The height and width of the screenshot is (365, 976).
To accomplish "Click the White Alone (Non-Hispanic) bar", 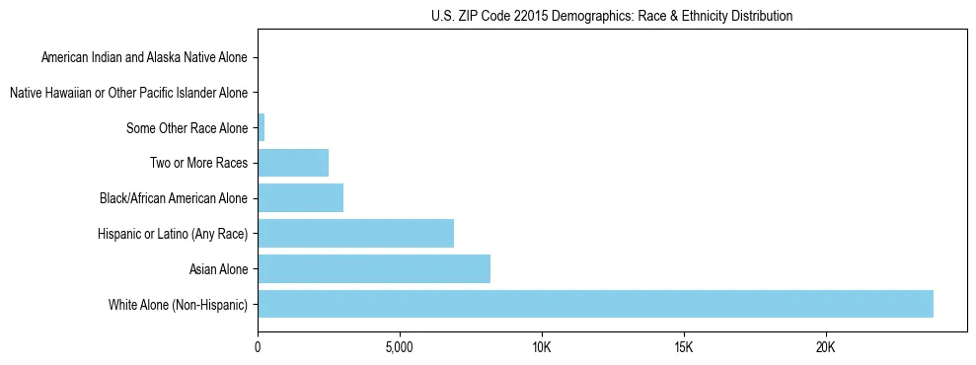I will tap(595, 304).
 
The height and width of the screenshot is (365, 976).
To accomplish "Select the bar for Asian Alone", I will tap(374, 268).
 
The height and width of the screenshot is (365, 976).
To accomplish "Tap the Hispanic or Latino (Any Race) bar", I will tap(355, 234).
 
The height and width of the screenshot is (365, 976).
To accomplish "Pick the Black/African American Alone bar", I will tap(300, 198).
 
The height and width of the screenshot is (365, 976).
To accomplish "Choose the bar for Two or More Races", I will tap(293, 163).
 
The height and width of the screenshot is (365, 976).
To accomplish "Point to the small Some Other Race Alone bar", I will tap(262, 128).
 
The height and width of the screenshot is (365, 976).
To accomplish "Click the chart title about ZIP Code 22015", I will tap(612, 16).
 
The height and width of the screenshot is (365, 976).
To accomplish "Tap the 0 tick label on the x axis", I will tap(258, 347).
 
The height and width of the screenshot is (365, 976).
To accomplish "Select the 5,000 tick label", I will tap(400, 347).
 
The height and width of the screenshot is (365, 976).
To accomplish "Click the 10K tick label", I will tap(542, 347).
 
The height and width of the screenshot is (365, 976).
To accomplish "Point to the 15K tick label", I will tap(684, 347).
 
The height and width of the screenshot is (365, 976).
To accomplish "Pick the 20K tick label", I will tap(826, 347).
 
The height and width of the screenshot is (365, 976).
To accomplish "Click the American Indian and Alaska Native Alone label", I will tap(144, 58).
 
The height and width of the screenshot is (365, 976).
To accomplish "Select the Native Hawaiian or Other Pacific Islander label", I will tap(128, 93).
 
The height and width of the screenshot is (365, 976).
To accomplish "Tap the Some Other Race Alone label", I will tap(187, 128).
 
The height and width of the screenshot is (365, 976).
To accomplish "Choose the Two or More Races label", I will tap(200, 163).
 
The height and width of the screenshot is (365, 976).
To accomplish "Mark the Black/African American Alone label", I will tap(174, 198).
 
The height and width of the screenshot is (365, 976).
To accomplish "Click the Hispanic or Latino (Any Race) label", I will tap(173, 234).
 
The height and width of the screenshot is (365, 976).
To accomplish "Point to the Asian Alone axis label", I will tap(218, 268).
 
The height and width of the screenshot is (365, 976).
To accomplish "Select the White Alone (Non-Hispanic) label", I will tap(178, 304).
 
